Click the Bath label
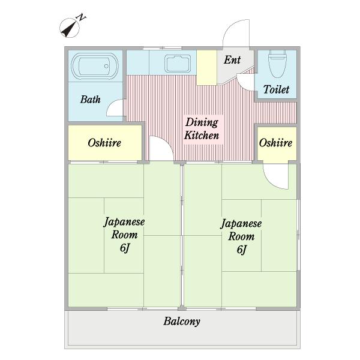coord(90,100)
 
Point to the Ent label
coord(232,60)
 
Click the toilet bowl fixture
coord(277,65)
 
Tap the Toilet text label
coord(276,89)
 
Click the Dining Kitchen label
coord(201,128)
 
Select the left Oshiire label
coord(104,143)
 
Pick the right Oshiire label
coord(275,143)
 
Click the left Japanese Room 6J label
coord(124,235)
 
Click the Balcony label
coord(182,321)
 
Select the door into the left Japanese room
coord(160,150)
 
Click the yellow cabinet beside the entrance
coord(207,67)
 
